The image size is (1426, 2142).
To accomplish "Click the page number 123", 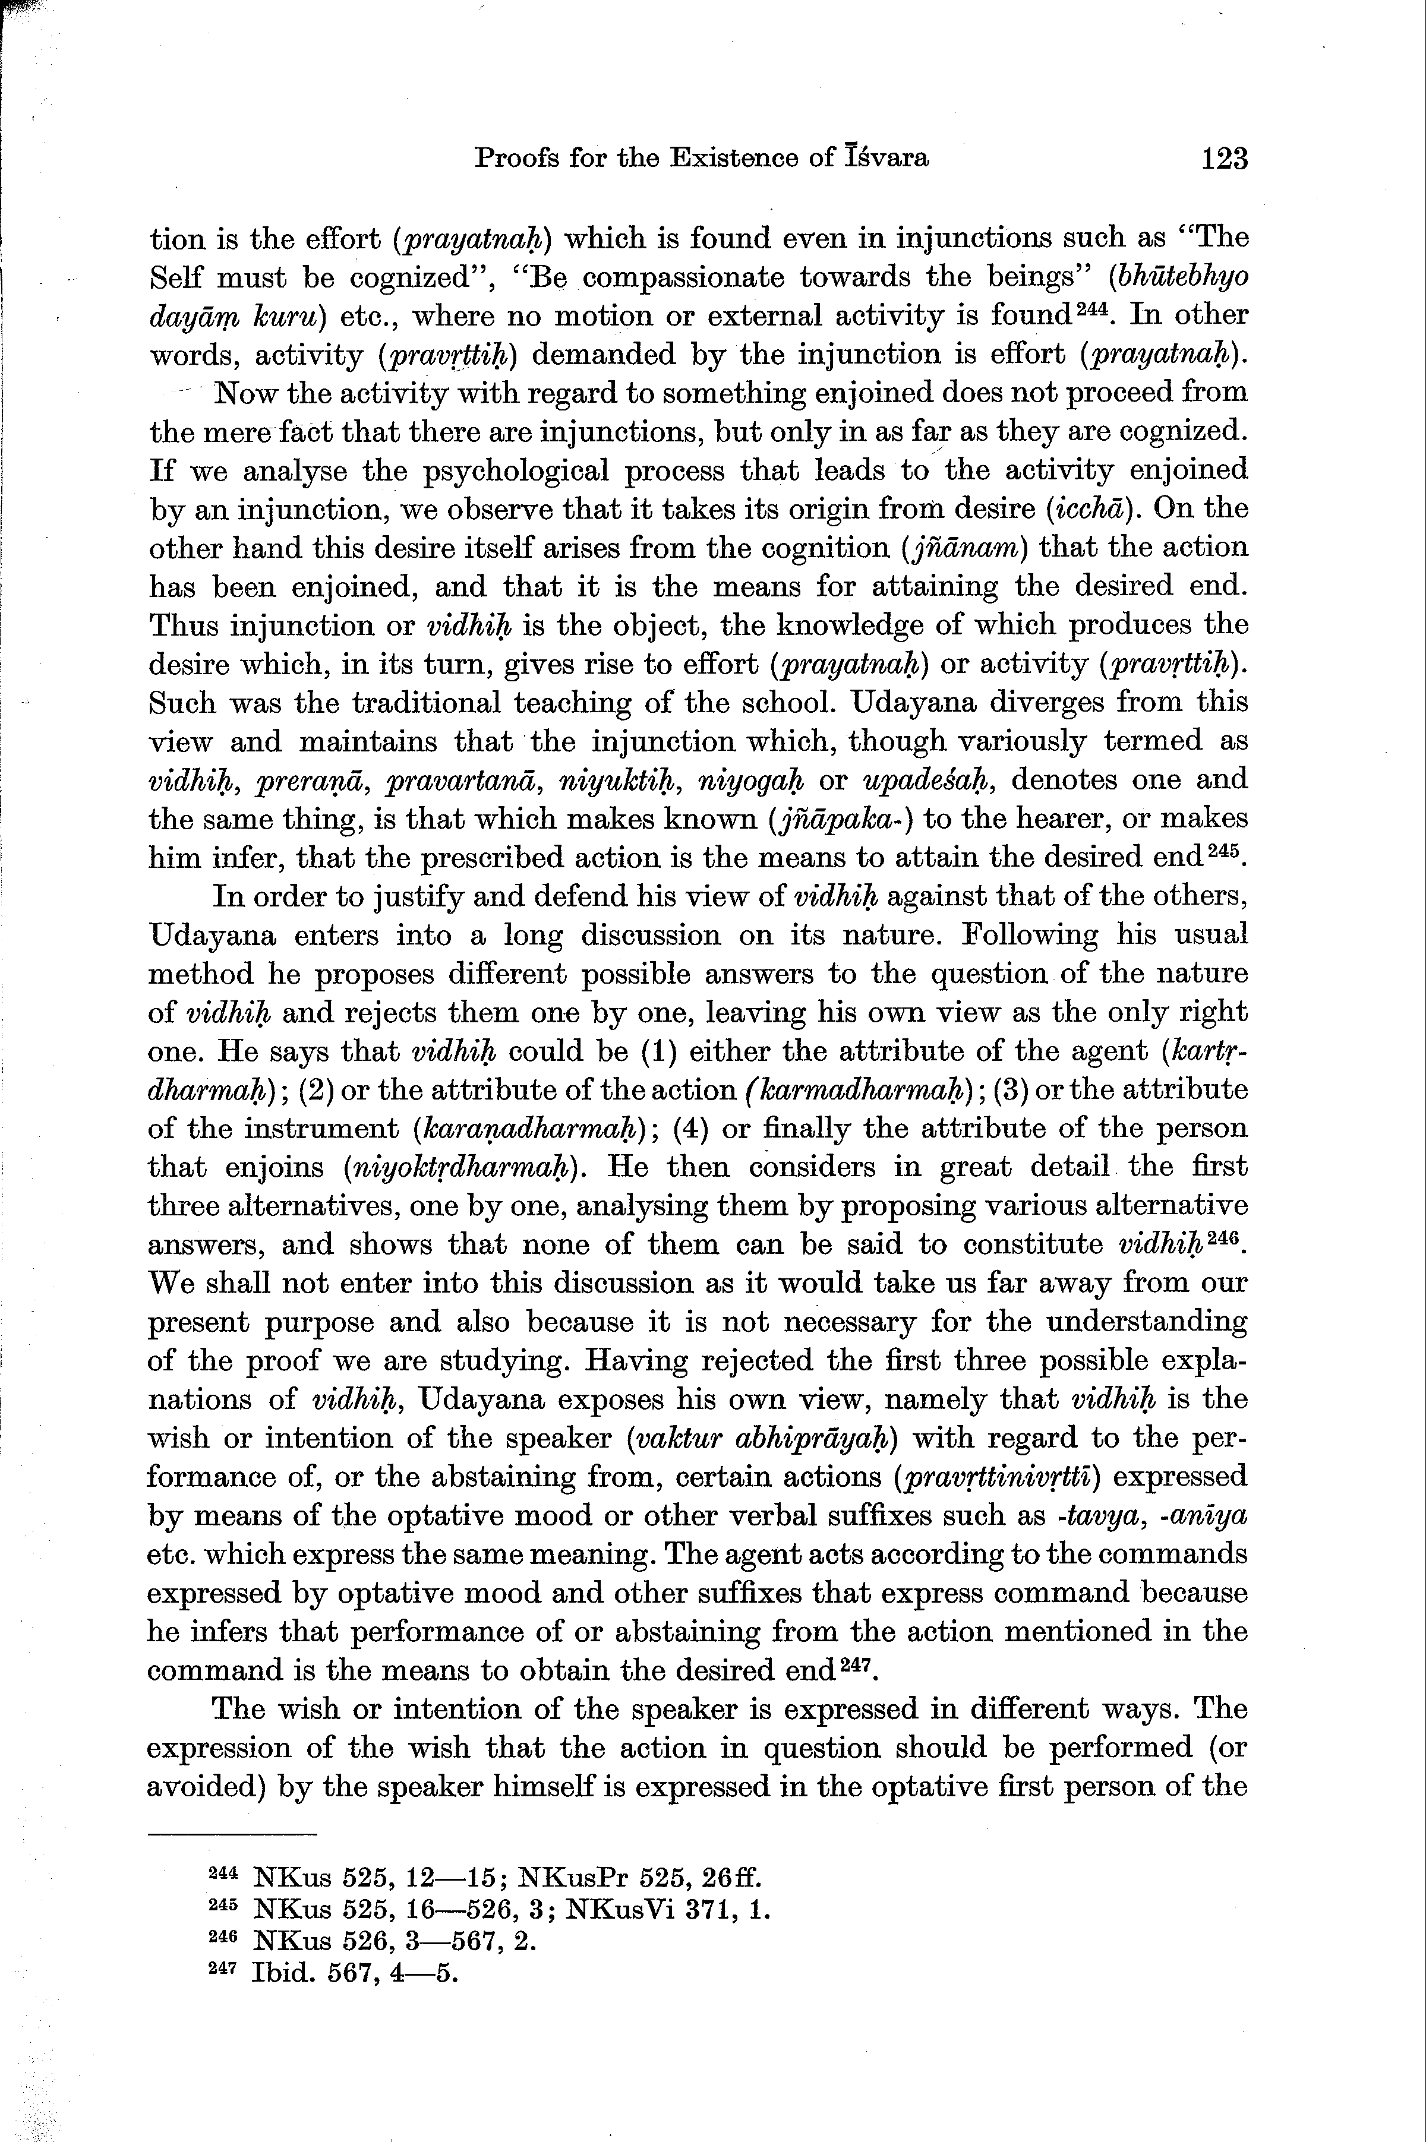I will point(1223,159).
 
